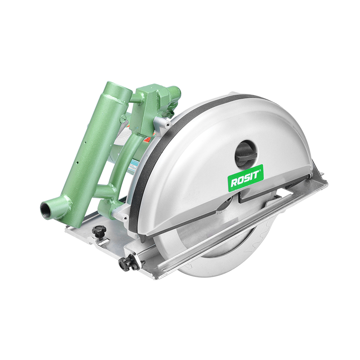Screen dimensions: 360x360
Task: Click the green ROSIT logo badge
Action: pos(245,176)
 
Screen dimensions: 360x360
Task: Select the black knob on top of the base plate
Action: pos(99,231)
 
